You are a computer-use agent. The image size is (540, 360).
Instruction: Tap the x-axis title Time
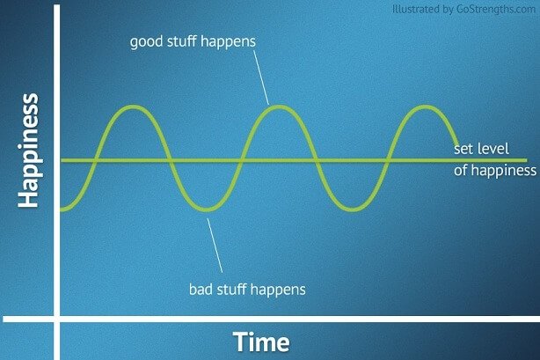coord(261,342)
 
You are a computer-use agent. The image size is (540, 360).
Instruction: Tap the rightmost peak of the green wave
coord(426,107)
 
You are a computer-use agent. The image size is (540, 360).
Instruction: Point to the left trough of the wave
coord(206,209)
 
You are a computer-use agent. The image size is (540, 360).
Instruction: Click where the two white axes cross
coord(57,318)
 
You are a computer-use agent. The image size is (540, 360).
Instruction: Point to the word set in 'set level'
coord(463,148)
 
